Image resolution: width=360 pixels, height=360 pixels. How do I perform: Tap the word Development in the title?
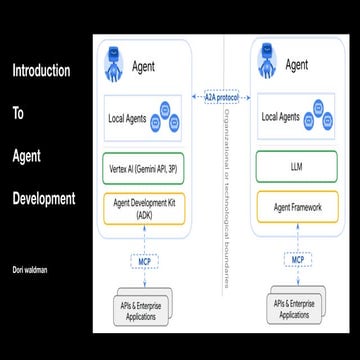click(43, 198)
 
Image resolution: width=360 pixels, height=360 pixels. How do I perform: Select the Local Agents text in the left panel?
click(127, 119)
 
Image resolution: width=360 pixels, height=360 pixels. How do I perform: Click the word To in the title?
click(17, 114)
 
